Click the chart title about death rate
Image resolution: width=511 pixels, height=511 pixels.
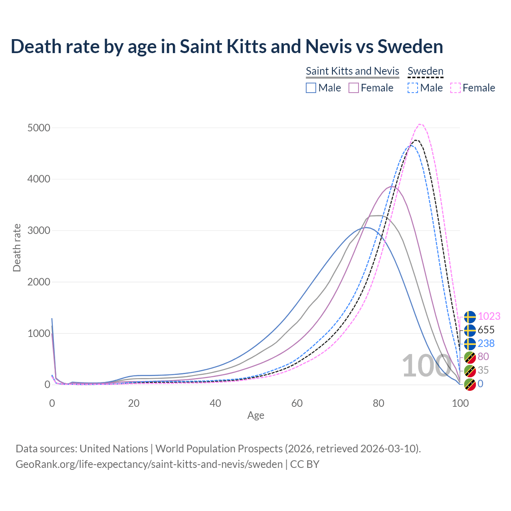(x=227, y=46)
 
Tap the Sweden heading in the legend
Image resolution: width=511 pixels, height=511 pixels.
(x=426, y=71)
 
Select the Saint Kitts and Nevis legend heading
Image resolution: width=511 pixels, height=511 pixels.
(x=353, y=71)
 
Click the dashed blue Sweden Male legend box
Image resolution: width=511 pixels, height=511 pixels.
(x=413, y=88)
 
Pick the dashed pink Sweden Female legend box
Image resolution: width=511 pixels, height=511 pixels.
(x=456, y=88)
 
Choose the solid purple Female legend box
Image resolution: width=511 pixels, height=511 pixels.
(x=354, y=88)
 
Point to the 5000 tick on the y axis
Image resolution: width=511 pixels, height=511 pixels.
(x=39, y=128)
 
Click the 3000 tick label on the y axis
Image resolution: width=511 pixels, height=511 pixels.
(x=39, y=230)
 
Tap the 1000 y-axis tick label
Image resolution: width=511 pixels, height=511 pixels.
(x=39, y=333)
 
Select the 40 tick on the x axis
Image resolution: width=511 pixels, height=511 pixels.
(x=215, y=403)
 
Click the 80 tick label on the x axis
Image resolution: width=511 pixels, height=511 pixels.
(x=378, y=403)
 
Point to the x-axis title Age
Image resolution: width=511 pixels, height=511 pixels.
(x=256, y=416)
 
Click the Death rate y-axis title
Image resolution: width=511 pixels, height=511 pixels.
(x=17, y=248)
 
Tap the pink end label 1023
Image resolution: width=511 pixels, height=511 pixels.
(x=489, y=316)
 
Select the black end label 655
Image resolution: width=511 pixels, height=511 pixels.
(x=486, y=330)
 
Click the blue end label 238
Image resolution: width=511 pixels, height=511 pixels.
(x=486, y=343)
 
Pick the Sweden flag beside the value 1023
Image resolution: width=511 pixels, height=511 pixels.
(x=470, y=317)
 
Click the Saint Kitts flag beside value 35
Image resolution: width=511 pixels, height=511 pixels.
(x=470, y=370)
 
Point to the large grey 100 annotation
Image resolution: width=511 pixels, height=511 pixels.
(x=426, y=366)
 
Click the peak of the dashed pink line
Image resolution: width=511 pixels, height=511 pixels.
(x=420, y=124)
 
